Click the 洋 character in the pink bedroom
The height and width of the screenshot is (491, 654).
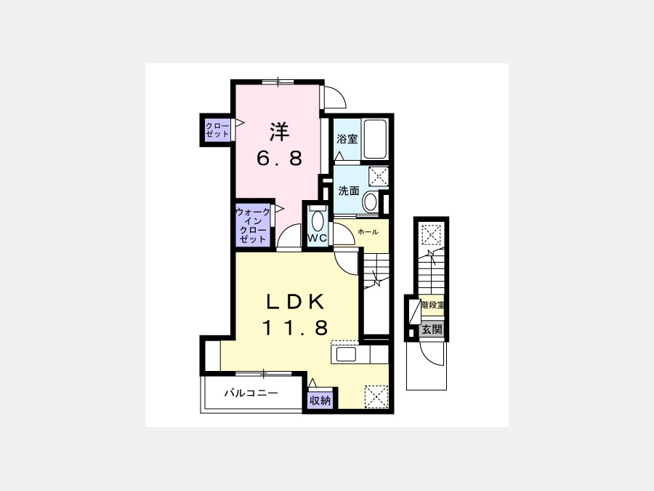tap(280, 132)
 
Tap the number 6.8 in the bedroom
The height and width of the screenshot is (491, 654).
tap(280, 159)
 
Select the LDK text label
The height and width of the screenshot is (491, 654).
tap(296, 302)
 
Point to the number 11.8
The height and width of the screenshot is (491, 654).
tap(296, 327)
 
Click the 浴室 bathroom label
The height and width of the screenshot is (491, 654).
tap(347, 139)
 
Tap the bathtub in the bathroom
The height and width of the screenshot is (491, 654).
tap(375, 139)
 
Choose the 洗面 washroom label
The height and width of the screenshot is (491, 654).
tap(349, 191)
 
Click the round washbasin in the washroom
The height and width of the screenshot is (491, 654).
tap(370, 202)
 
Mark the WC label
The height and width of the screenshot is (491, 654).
tap(318, 239)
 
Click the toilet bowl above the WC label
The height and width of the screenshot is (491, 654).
tap(318, 220)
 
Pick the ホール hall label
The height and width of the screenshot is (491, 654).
tap(368, 232)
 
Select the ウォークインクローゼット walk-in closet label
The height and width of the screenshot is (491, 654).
tap(253, 225)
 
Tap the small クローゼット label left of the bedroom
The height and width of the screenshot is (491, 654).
tap(217, 130)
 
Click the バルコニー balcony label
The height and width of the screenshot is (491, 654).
tap(251, 393)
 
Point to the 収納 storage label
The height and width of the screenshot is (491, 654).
tap(320, 401)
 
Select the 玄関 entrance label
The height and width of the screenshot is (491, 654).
tap(432, 330)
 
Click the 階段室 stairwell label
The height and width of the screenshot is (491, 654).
tap(432, 305)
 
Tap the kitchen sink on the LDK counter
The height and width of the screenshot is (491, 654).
tap(346, 355)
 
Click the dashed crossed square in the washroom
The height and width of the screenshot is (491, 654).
tap(379, 176)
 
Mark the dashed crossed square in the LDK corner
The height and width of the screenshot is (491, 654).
tap(376, 396)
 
